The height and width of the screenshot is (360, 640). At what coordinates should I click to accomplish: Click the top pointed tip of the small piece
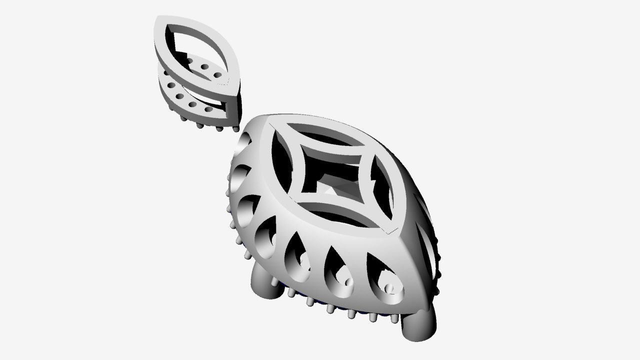(x=158, y=19)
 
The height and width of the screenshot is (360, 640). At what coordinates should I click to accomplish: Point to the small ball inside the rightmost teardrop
(x=389, y=288)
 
